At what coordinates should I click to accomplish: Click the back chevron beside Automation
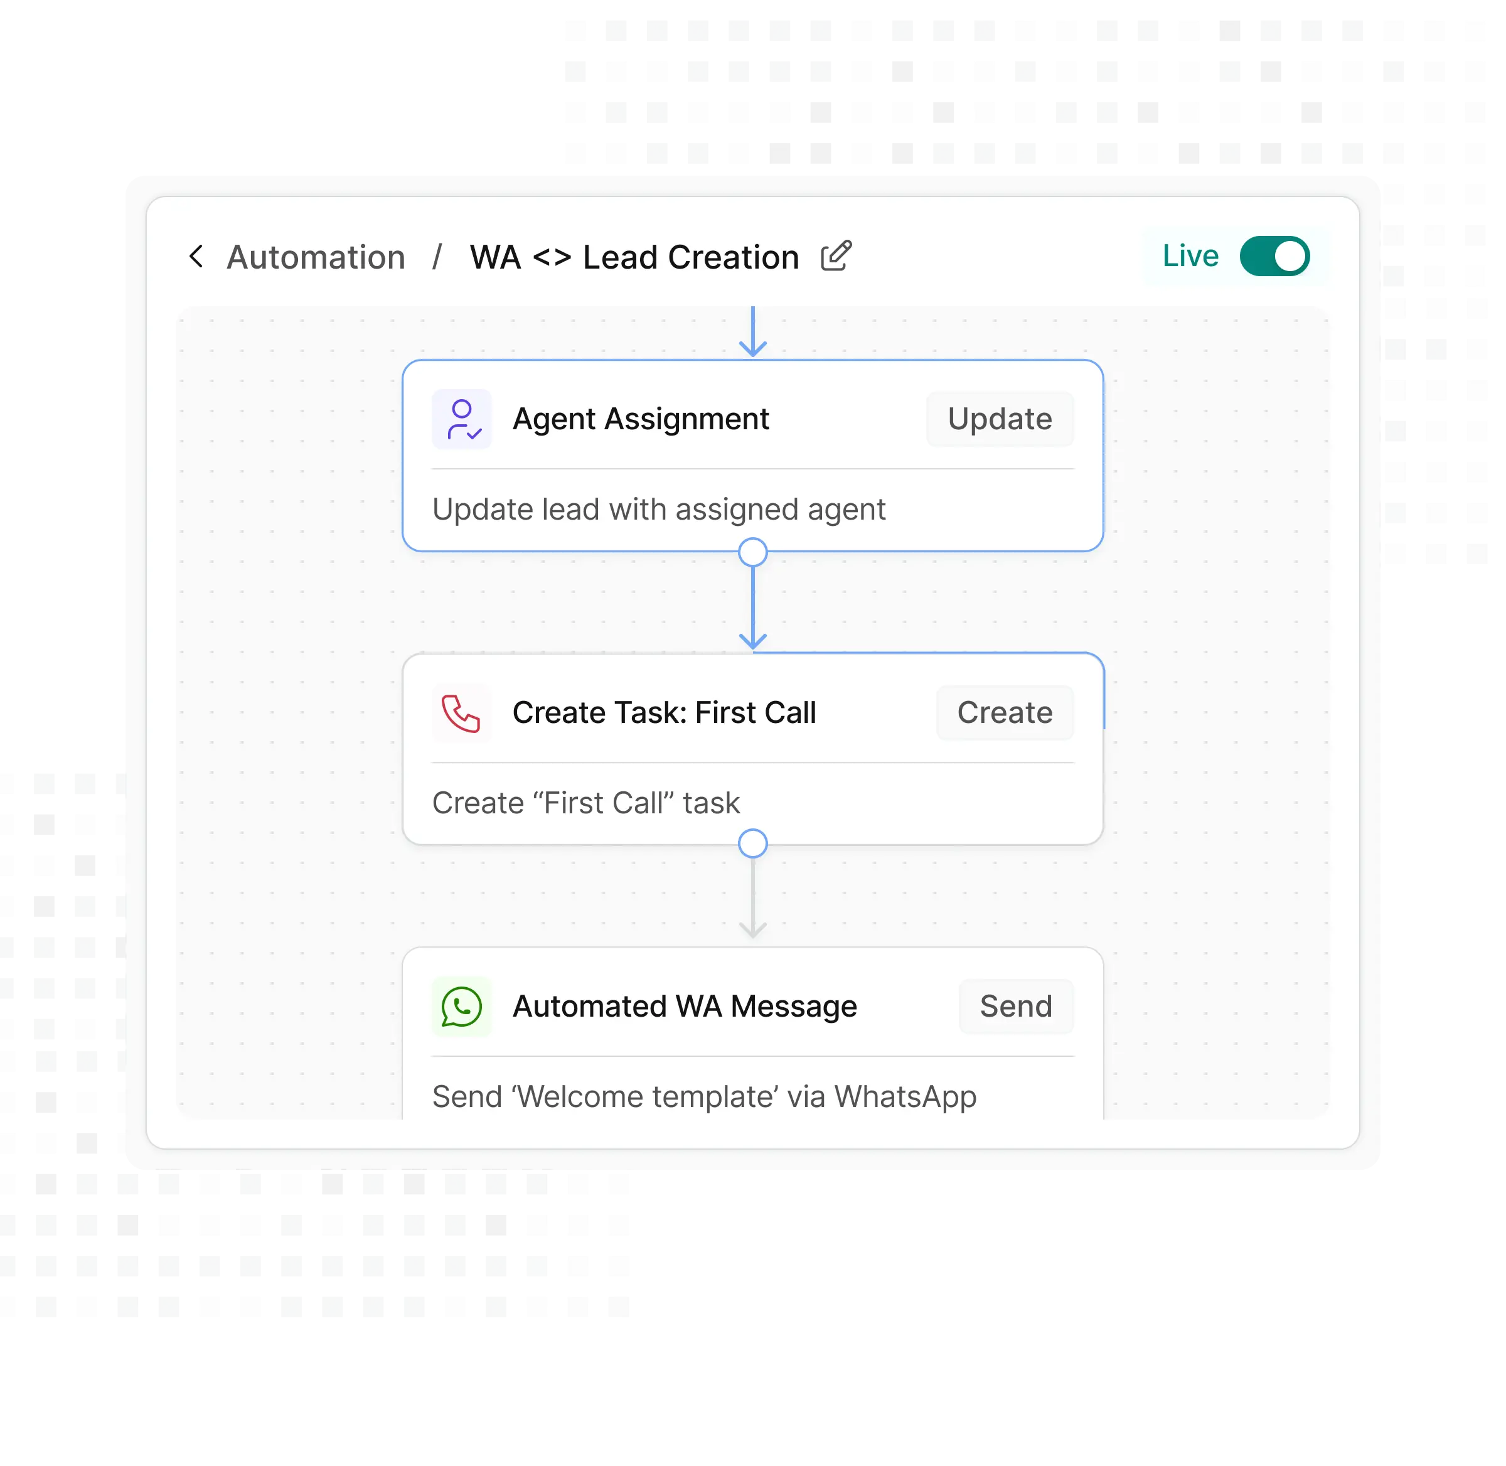coord(196,257)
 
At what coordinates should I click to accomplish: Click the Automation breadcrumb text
coord(316,257)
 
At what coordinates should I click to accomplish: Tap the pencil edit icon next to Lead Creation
coord(836,255)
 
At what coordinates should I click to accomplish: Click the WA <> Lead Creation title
coord(634,257)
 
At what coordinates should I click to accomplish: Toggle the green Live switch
coord(1274,257)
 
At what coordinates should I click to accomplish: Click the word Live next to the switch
coord(1190,255)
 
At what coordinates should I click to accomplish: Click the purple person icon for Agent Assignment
coord(462,419)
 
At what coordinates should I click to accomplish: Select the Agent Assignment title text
coord(641,419)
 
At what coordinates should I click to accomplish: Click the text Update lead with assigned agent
coord(659,510)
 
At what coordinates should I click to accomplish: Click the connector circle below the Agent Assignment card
coord(753,552)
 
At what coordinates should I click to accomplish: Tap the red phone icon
coord(461,713)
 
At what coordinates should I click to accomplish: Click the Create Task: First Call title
coord(664,713)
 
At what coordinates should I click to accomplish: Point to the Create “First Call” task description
coord(586,803)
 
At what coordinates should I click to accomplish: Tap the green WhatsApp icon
coord(462,1007)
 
